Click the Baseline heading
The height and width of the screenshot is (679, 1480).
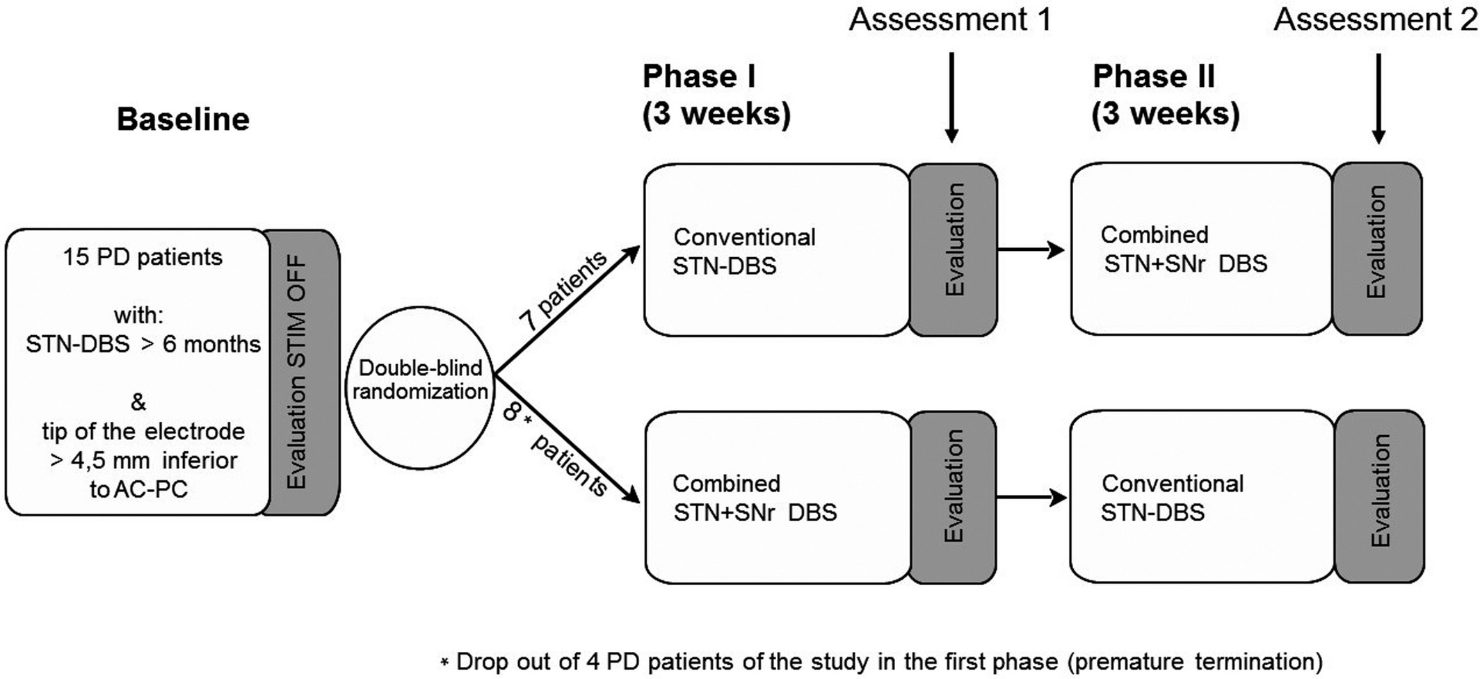point(183,120)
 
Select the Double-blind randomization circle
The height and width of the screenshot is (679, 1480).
point(420,388)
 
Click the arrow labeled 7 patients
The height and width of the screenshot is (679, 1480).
point(567,309)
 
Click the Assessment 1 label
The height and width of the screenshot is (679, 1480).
point(950,19)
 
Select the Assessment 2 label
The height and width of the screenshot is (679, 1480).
point(1375,19)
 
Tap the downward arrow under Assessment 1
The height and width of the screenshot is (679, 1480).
point(952,97)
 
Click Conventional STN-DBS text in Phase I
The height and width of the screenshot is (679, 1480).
point(744,252)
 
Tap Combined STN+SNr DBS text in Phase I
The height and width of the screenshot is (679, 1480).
point(755,498)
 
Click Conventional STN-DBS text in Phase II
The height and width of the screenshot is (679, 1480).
point(1173,498)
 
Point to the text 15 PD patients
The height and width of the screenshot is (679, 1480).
point(143,257)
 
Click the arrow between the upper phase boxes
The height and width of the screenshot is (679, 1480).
point(1031,249)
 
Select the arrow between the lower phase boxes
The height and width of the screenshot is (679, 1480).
point(1032,498)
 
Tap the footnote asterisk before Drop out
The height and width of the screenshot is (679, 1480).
point(444,662)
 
